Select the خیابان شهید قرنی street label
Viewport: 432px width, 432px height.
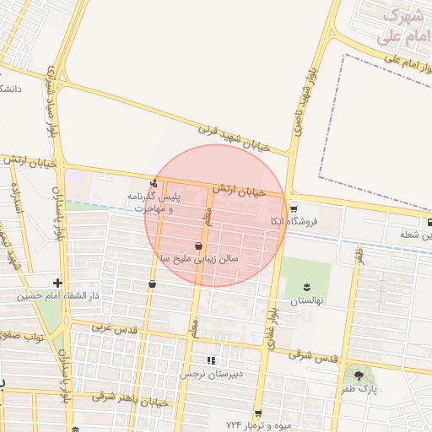tap(234, 138)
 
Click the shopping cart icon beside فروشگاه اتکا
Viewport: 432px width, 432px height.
tap(293, 209)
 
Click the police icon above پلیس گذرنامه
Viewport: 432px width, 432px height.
tap(153, 184)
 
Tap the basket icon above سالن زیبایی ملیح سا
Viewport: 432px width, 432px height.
tap(198, 246)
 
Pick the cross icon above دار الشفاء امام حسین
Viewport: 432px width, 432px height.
tap(57, 283)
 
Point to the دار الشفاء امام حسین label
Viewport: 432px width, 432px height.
tap(60, 296)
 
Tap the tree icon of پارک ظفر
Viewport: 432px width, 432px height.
tap(359, 375)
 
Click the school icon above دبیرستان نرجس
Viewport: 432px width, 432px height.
tap(211, 359)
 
